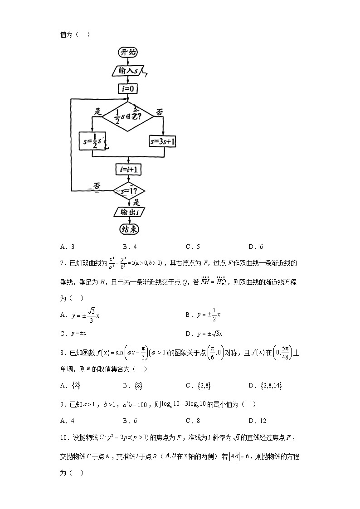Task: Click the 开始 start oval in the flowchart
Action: [128, 53]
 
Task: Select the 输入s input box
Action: [128, 71]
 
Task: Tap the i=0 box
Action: [128, 89]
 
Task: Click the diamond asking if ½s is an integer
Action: [128, 117]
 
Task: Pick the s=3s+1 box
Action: [163, 142]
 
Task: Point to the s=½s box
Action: [92, 141]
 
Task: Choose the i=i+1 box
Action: [128, 170]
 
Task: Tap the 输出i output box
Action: [128, 212]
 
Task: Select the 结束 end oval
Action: [128, 229]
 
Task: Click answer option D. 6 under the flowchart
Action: [256, 247]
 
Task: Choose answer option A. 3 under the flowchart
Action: [67, 247]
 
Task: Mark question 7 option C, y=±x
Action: [73, 334]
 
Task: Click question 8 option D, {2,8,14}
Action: [265, 386]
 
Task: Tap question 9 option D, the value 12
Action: [257, 420]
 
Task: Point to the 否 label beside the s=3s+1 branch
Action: [160, 111]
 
